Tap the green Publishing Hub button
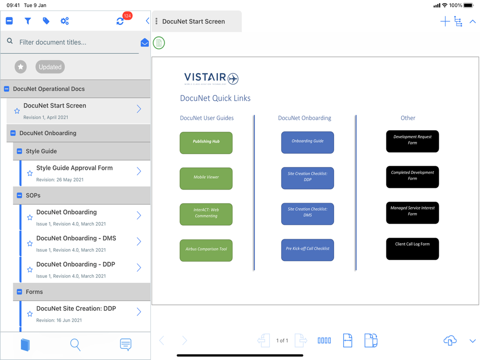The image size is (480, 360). pyautogui.click(x=206, y=143)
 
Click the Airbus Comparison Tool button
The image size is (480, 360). pyautogui.click(x=206, y=250)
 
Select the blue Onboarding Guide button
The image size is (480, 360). pyautogui.click(x=307, y=142)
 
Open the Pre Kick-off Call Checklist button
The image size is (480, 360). pyautogui.click(x=307, y=250)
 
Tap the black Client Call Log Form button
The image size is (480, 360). pyautogui.click(x=412, y=249)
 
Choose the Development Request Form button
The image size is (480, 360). pyautogui.click(x=412, y=141)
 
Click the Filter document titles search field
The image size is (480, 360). pyautogui.click(x=77, y=42)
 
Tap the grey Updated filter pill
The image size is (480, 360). pyautogui.click(x=50, y=67)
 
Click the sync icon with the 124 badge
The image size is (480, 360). pyautogui.click(x=120, y=21)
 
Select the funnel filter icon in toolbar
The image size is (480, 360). pyautogui.click(x=28, y=21)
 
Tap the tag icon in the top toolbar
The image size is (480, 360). pyautogui.click(x=46, y=21)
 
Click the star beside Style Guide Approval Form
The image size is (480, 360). pyautogui.click(x=30, y=173)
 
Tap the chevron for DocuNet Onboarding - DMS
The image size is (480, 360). pyautogui.click(x=139, y=241)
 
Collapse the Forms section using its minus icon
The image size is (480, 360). pyautogui.click(x=20, y=292)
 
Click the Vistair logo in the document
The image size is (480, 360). pyautogui.click(x=211, y=78)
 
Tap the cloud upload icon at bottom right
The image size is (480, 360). pyautogui.click(x=450, y=340)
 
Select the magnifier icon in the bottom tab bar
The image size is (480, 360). pyautogui.click(x=75, y=344)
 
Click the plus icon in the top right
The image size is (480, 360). pyautogui.click(x=445, y=21)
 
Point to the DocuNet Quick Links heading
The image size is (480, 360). pyautogui.click(x=215, y=98)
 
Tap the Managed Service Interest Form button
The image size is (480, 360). pyautogui.click(x=412, y=213)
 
